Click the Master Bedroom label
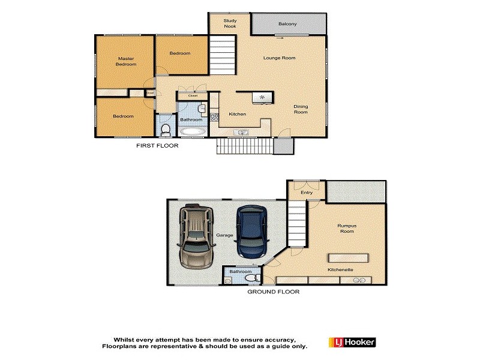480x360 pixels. [125, 61]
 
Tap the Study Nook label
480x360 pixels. [230, 23]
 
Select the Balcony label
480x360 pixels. [287, 24]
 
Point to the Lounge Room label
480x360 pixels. [280, 58]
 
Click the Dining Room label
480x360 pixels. [300, 110]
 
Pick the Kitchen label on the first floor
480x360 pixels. [237, 114]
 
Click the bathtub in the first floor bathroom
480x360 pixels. [191, 131]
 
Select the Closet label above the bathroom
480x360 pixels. [193, 95]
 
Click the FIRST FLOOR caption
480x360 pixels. [157, 146]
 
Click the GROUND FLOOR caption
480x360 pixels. [273, 292]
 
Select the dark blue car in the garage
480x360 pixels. [251, 231]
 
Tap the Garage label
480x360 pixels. [225, 235]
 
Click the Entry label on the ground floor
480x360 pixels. [307, 193]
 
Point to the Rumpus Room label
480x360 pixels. [347, 229]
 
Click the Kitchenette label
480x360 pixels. [340, 270]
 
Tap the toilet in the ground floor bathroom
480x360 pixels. [256, 278]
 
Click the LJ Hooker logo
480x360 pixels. [352, 342]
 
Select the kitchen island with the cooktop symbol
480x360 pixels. [261, 97]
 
